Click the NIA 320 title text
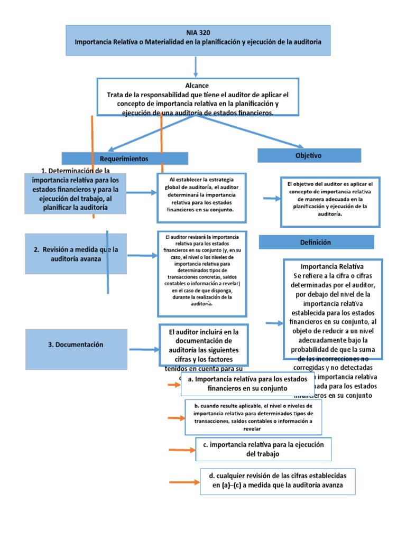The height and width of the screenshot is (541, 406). pyautogui.click(x=198, y=32)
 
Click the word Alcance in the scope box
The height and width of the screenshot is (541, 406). pyautogui.click(x=197, y=85)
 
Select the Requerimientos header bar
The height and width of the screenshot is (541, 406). pyautogui.click(x=125, y=158)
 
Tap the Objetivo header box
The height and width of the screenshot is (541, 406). pyautogui.click(x=309, y=155)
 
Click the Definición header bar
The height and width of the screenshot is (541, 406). pyautogui.click(x=316, y=242)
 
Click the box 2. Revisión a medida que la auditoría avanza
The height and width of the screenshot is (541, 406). pyautogui.click(x=76, y=254)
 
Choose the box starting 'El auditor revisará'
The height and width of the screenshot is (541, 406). pyautogui.click(x=202, y=273)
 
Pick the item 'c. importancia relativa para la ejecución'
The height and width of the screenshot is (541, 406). pyautogui.click(x=263, y=449)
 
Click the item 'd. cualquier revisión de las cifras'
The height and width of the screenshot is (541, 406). pyautogui.click(x=278, y=481)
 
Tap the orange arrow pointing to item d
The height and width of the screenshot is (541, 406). pyautogui.click(x=183, y=482)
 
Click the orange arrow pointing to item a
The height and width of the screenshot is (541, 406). pyautogui.click(x=173, y=385)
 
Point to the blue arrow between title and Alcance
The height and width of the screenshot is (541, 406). pyautogui.click(x=196, y=67)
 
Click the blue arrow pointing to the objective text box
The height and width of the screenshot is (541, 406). pyautogui.click(x=272, y=199)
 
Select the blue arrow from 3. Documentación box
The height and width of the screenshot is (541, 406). pyautogui.click(x=144, y=349)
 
